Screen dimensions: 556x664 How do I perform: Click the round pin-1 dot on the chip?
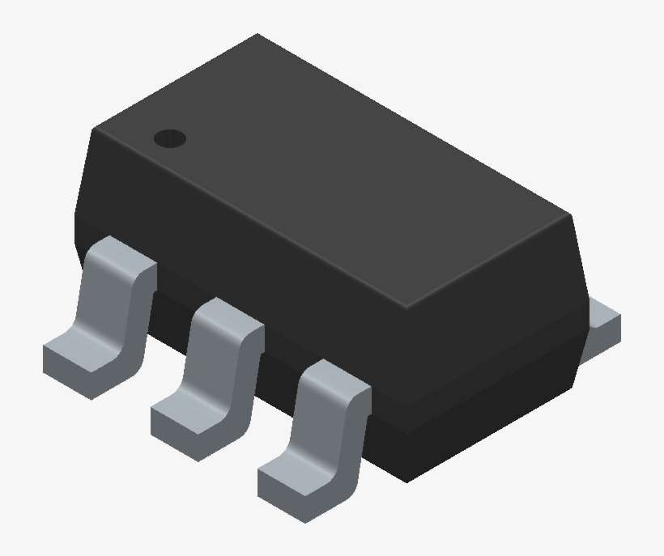(x=170, y=139)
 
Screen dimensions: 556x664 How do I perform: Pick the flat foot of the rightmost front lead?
(x=292, y=482)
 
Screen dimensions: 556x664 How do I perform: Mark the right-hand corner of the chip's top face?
(x=572, y=215)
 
